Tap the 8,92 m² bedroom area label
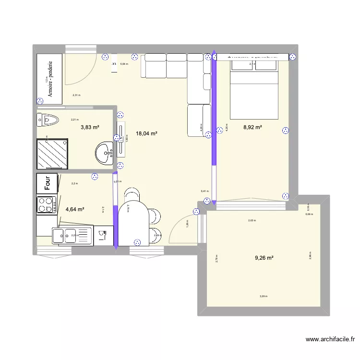click(253, 127)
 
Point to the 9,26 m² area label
click(264, 258)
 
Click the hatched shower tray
click(52, 154)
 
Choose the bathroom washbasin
click(104, 154)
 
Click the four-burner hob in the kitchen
click(46, 205)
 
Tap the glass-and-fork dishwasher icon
click(102, 235)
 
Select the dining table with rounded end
click(133, 223)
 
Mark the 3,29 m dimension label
click(264, 296)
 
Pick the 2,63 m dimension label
click(252, 221)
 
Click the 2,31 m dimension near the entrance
click(76, 95)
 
